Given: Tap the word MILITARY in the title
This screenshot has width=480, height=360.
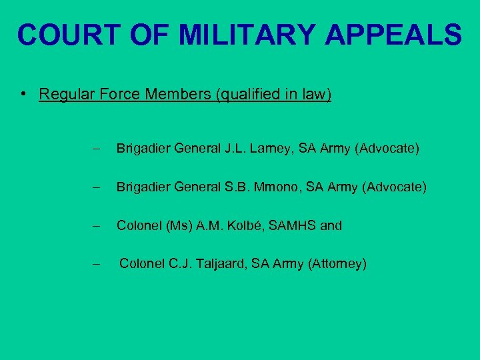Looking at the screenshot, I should (260, 35).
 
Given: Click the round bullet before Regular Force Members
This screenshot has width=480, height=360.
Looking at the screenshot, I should (23, 94).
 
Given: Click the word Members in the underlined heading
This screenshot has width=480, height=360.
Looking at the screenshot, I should (174, 94).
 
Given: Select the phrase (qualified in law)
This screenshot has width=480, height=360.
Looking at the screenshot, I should (273, 94).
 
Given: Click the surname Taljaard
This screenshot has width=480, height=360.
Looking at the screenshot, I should (230, 264).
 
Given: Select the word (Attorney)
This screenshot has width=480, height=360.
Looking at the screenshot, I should (337, 264).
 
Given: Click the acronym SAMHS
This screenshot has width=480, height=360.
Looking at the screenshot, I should (296, 226).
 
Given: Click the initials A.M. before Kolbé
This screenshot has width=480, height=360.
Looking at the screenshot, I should (209, 226).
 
